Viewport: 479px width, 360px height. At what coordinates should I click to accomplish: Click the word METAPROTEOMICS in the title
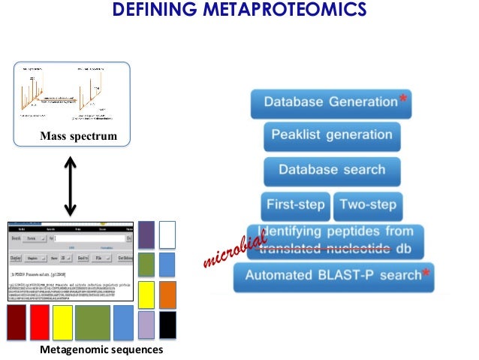click(x=288, y=11)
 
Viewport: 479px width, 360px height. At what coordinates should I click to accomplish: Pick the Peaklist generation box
click(x=331, y=135)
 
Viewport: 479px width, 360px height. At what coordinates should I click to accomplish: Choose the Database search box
click(x=331, y=170)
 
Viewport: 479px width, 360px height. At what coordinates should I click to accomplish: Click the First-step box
click(x=295, y=204)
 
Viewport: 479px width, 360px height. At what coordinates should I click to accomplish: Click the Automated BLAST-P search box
click(x=333, y=276)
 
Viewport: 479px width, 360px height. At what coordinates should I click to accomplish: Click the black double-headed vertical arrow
click(x=70, y=185)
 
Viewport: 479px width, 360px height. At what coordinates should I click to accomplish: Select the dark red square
click(x=17, y=322)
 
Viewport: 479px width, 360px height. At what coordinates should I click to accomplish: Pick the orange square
click(x=167, y=295)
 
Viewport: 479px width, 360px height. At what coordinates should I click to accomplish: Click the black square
click(x=167, y=325)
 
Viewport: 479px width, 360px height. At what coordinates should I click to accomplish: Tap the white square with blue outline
click(x=167, y=233)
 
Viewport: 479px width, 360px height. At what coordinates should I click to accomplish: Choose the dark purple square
click(x=146, y=233)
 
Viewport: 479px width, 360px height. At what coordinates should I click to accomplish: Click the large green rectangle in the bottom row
click(x=92, y=322)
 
